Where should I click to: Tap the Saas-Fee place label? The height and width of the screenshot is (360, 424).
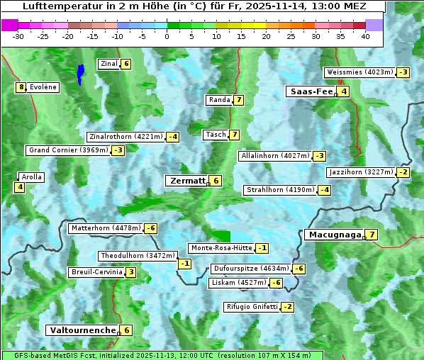(311, 91)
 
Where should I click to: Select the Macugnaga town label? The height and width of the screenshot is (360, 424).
(333, 235)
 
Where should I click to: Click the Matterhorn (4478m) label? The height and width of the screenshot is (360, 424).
(106, 228)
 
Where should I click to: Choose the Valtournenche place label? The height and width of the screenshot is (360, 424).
(82, 330)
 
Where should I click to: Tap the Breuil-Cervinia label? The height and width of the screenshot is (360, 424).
(96, 272)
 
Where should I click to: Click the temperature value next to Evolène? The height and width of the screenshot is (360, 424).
(21, 87)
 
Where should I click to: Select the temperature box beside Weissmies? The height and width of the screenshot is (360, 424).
(403, 72)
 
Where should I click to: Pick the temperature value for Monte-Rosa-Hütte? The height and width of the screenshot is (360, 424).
(262, 248)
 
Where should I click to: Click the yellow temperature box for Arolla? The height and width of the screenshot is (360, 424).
(19, 187)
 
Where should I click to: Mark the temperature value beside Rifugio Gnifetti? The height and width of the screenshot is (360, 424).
(287, 307)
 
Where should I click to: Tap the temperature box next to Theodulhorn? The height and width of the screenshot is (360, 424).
(184, 264)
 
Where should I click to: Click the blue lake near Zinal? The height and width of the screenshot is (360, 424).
(81, 72)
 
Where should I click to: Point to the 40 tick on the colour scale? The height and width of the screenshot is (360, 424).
(365, 36)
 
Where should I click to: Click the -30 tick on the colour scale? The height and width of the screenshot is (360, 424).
(18, 36)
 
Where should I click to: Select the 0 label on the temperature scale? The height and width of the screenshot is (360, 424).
(167, 36)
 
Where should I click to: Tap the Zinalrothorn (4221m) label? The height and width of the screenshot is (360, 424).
(126, 137)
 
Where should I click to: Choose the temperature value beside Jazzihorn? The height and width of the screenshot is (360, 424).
(403, 172)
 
